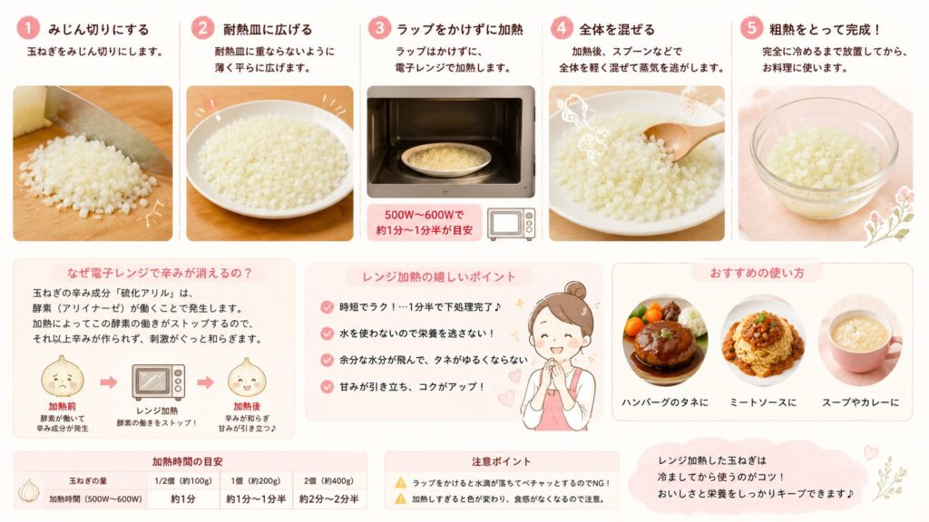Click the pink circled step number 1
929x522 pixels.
[x=27, y=28]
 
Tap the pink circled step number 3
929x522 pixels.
[x=378, y=28]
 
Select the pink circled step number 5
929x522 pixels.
[x=750, y=28]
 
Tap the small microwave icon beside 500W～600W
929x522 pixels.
[x=511, y=224]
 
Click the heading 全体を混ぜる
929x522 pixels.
[x=617, y=29]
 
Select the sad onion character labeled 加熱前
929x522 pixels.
[x=63, y=376]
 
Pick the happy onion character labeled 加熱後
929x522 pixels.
[x=247, y=377]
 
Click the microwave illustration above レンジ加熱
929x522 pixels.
[x=158, y=382]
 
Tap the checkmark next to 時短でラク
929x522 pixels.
[x=327, y=307]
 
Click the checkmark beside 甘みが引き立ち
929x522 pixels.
[x=327, y=387]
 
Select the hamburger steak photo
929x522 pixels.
[x=665, y=342]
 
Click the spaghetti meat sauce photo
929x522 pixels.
[x=762, y=342]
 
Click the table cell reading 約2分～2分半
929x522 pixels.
[x=328, y=499]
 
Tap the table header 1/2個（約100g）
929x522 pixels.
[x=183, y=480]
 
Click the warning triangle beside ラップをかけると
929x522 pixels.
[x=401, y=483]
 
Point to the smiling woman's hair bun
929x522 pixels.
[x=574, y=291]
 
